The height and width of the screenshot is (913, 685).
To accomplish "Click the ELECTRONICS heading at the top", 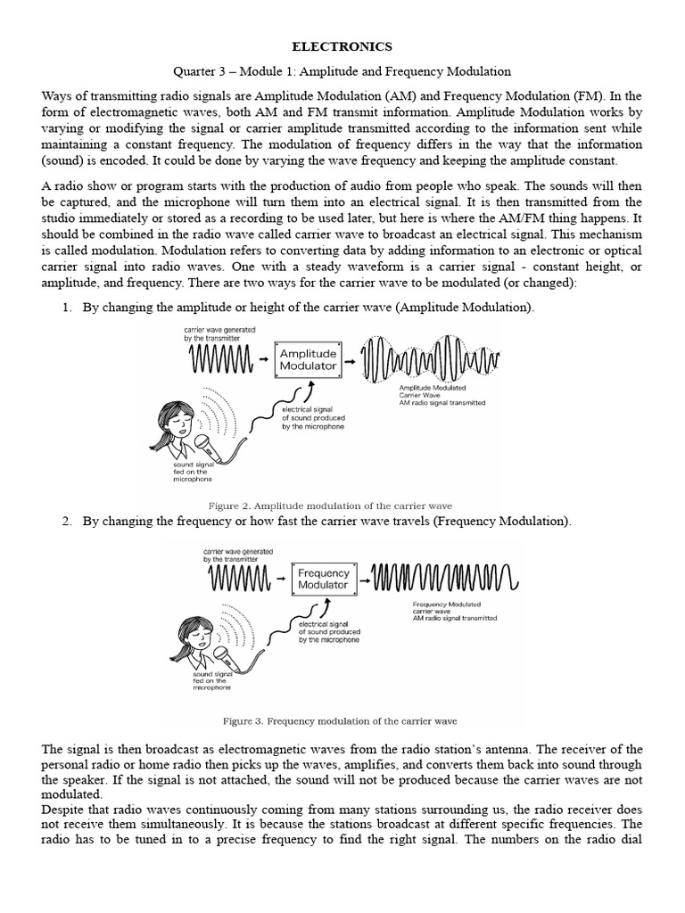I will (x=343, y=46).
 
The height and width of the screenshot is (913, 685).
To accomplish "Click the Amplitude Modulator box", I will (x=308, y=360).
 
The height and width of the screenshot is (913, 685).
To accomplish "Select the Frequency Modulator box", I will (x=322, y=579).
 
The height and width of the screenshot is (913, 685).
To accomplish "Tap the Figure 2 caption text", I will (x=342, y=506).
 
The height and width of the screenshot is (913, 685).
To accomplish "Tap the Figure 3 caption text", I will (x=343, y=720).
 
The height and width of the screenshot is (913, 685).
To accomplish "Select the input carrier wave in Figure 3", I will (x=238, y=580).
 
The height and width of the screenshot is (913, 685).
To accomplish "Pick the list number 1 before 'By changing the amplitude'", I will (x=67, y=308).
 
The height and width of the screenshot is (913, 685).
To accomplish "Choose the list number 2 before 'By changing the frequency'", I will (x=67, y=522).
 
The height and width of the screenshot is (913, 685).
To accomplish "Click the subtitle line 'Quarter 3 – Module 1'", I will (x=342, y=70).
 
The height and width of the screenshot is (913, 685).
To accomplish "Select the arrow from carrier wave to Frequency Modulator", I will (x=281, y=580).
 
